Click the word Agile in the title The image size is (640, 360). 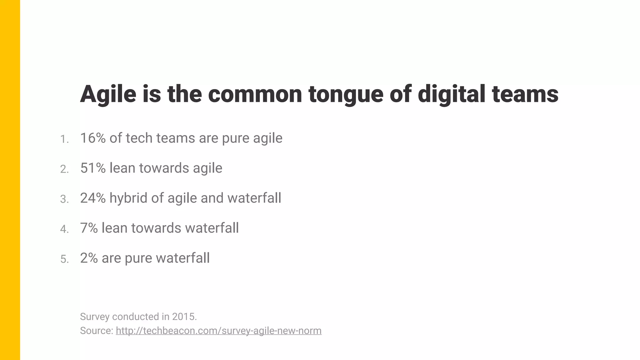click(x=108, y=94)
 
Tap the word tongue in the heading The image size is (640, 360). click(x=346, y=94)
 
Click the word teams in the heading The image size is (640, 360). click(x=525, y=94)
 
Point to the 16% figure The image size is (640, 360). click(x=93, y=138)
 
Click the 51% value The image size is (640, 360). click(x=93, y=168)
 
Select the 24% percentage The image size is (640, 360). click(x=93, y=198)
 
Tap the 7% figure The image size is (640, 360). click(x=89, y=228)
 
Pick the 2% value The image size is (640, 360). click(x=89, y=258)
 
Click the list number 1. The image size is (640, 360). click(x=64, y=139)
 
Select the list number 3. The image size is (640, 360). click(x=64, y=199)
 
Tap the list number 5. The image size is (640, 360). click(x=64, y=259)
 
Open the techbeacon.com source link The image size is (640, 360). click(x=218, y=331)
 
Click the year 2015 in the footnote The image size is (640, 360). click(x=184, y=317)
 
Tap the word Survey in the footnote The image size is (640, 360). click(x=95, y=317)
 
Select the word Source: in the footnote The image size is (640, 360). click(x=97, y=331)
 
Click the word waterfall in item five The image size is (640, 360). click(x=182, y=258)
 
